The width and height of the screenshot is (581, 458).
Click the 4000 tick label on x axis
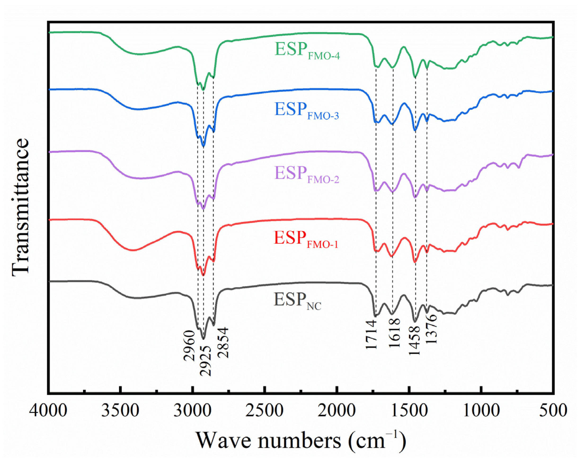(48, 410)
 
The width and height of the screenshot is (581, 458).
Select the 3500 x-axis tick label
(120, 410)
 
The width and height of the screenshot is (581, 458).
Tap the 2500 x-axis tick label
(265, 410)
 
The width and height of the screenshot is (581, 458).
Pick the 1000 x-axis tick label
(481, 410)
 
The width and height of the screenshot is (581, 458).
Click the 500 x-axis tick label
(553, 410)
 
